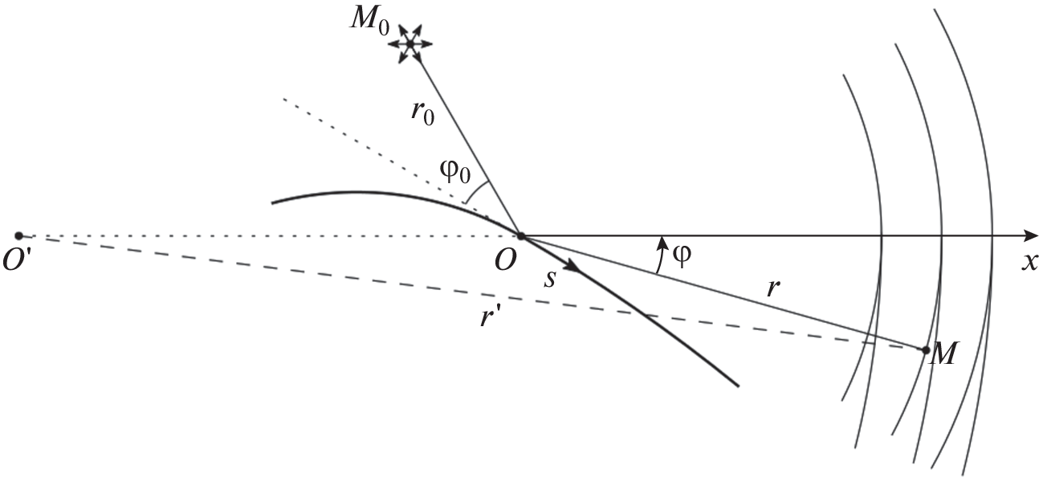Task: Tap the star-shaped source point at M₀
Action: tap(410, 44)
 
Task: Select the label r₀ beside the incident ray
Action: tap(422, 112)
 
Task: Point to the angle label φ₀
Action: tap(455, 172)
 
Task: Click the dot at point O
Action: tap(521, 236)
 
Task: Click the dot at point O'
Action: tap(18, 235)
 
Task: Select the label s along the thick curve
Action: tap(550, 280)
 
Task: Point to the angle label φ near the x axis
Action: tap(682, 255)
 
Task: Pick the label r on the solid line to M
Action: tap(772, 288)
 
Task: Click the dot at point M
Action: tap(926, 350)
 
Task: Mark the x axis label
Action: tap(1029, 263)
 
